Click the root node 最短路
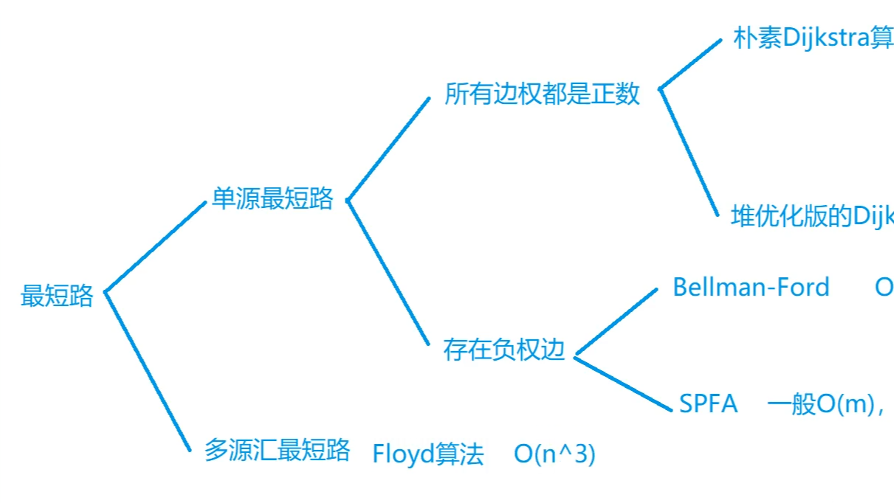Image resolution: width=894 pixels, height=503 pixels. [x=57, y=296]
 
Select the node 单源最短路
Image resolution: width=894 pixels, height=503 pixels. [x=272, y=198]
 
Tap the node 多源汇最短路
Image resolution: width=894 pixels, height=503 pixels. [x=277, y=450]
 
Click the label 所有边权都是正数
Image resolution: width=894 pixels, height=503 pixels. [x=542, y=94]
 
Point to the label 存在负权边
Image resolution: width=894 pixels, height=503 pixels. [x=503, y=349]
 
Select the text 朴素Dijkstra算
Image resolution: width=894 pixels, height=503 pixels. [x=812, y=38]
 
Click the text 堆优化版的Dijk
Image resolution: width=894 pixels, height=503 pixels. [x=811, y=216]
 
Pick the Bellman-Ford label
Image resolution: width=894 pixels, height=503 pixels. [x=751, y=287]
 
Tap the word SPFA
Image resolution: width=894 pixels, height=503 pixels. [x=708, y=403]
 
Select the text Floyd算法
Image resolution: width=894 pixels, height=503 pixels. [x=428, y=454]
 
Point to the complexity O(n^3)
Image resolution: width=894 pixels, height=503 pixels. [x=554, y=454]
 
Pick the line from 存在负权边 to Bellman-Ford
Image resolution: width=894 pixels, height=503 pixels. [x=616, y=322]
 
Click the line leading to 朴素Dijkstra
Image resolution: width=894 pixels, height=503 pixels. [x=690, y=63]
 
